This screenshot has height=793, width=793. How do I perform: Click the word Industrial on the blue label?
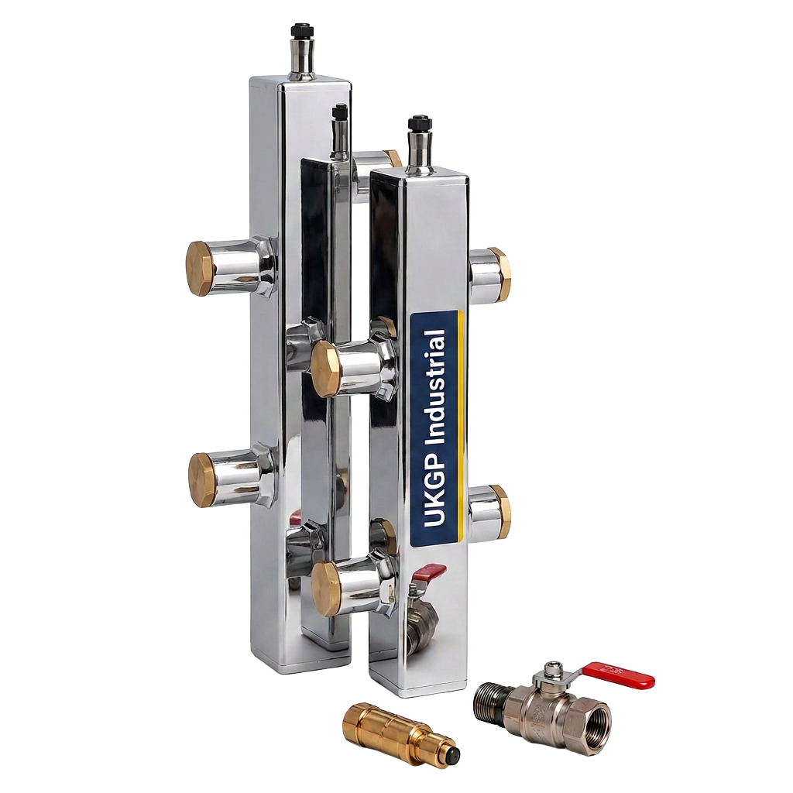435,387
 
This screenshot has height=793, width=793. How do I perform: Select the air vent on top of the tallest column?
300,53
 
